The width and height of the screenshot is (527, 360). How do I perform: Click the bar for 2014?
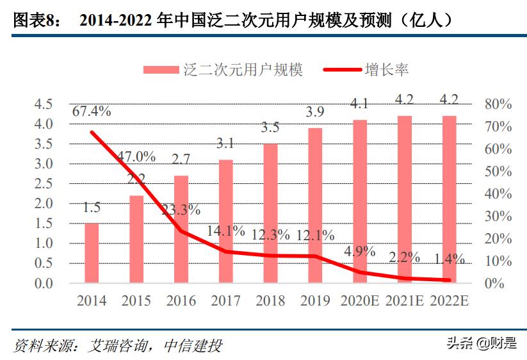pos(92,253)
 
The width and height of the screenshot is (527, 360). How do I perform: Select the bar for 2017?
pos(225,221)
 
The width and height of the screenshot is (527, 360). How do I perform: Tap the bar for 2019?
pos(314,205)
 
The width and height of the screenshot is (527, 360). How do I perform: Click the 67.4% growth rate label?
pos(92,111)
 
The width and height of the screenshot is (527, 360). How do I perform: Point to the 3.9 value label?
pos(314,112)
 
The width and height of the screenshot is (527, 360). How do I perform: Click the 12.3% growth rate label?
pos(270,235)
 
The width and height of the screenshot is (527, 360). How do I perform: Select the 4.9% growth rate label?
pos(359,251)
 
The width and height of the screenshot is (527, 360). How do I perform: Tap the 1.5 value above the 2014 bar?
pos(92,208)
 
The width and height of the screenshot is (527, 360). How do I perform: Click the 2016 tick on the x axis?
pos(181,300)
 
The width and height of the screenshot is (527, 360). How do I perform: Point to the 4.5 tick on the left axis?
pos(43,104)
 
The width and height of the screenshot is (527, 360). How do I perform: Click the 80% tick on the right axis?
pos(498,104)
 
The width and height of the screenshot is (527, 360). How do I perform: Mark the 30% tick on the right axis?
pos(498,217)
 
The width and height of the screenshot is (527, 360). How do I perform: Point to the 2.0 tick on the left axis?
pos(43,204)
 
